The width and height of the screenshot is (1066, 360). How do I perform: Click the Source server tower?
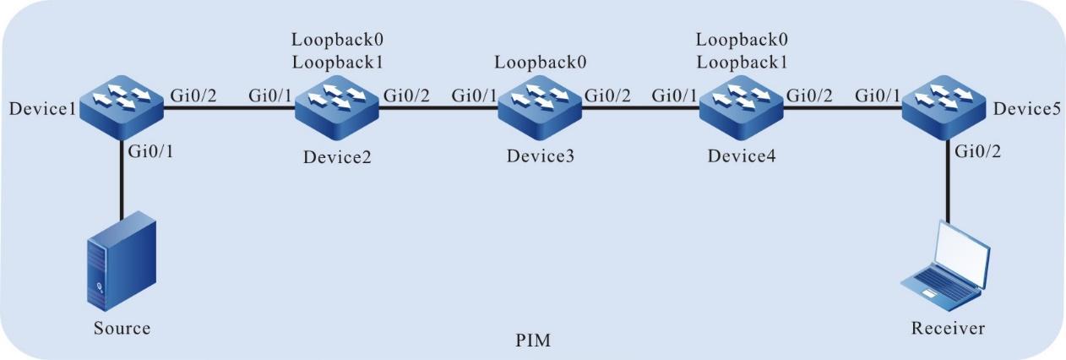coord(121,262)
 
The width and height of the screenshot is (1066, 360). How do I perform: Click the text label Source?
coord(122,328)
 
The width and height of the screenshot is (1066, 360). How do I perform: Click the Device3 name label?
coord(536,158)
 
